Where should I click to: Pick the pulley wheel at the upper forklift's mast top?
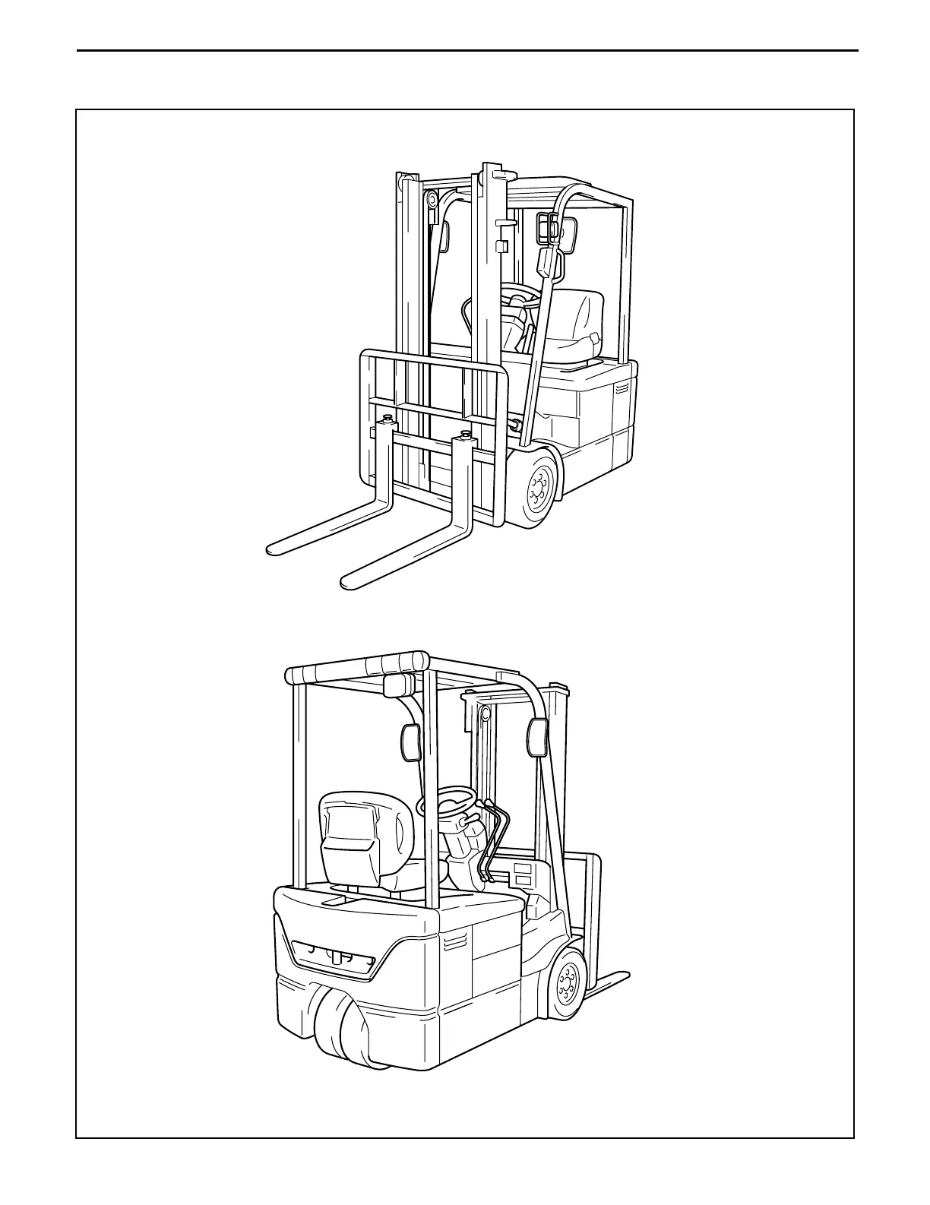[432, 201]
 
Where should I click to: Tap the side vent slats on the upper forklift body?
[622, 388]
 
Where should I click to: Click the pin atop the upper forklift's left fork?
[390, 419]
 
